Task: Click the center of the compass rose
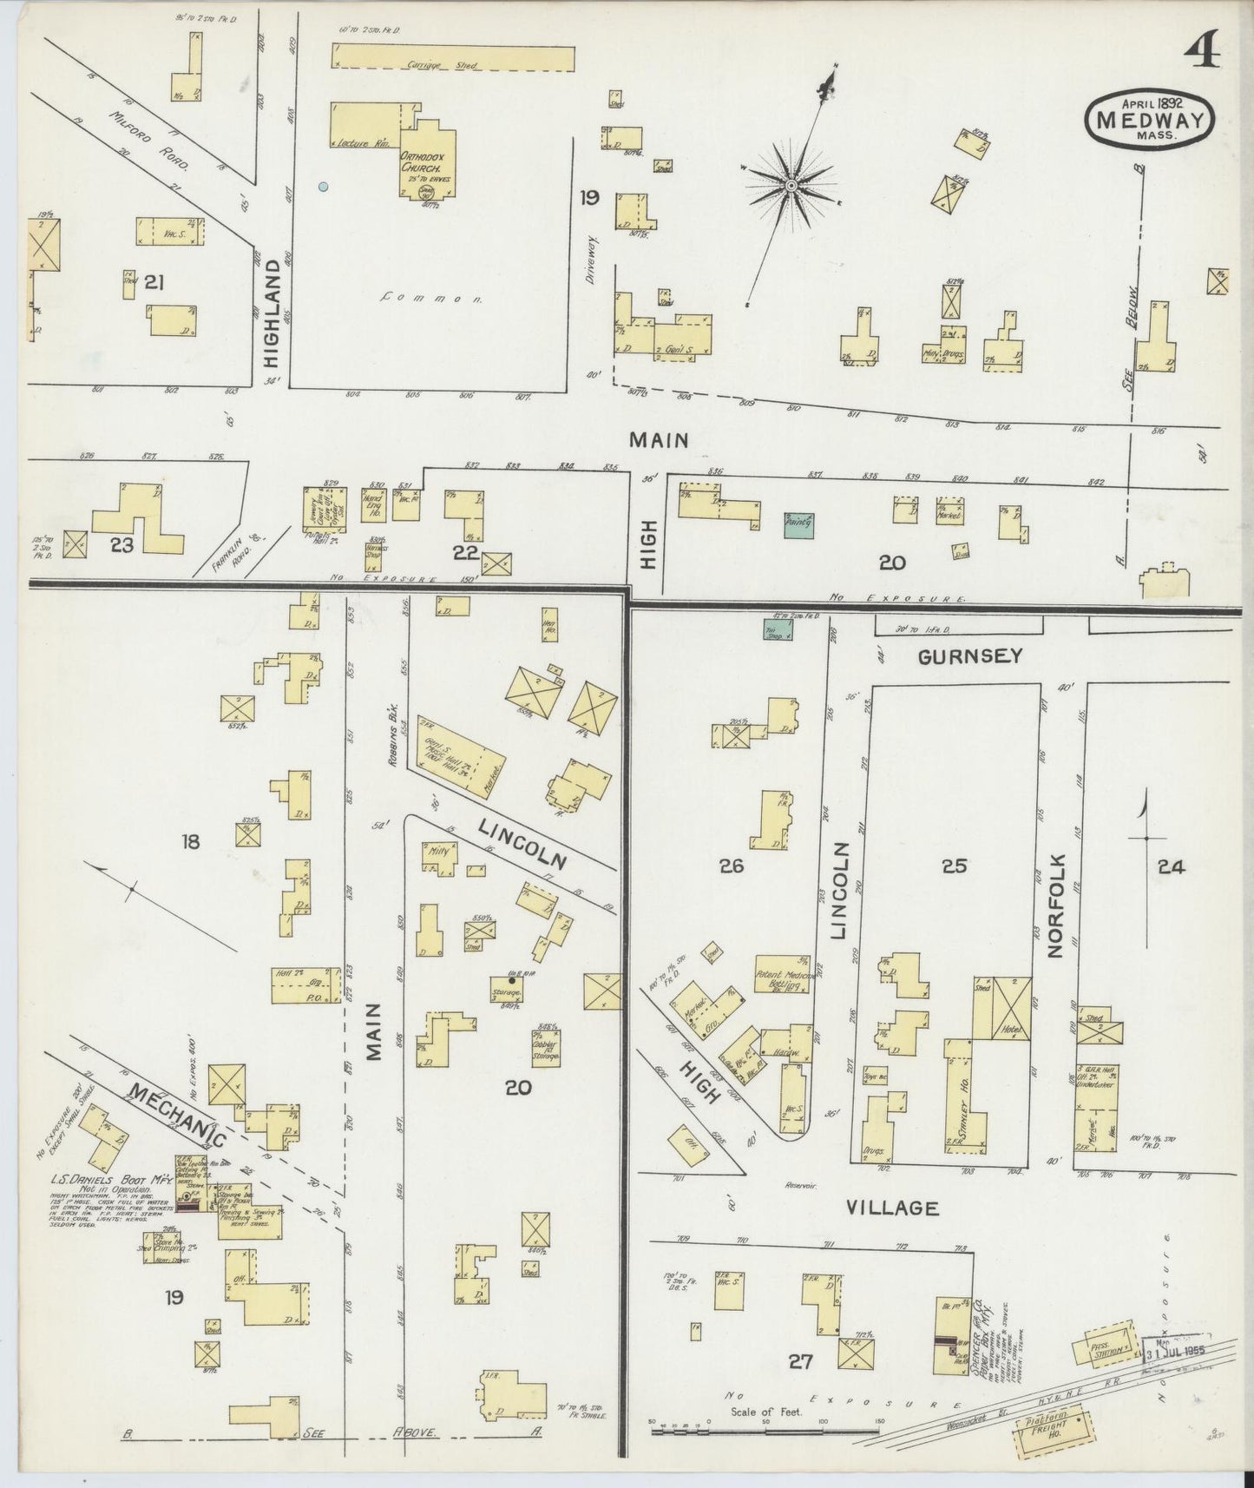click(791, 186)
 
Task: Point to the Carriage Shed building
click(452, 57)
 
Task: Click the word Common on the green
click(431, 298)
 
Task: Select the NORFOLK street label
click(1055, 905)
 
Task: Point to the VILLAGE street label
click(892, 1207)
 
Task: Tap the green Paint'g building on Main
click(799, 523)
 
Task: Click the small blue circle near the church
click(323, 186)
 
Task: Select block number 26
click(732, 866)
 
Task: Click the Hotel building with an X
click(1012, 1008)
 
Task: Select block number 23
click(121, 545)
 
